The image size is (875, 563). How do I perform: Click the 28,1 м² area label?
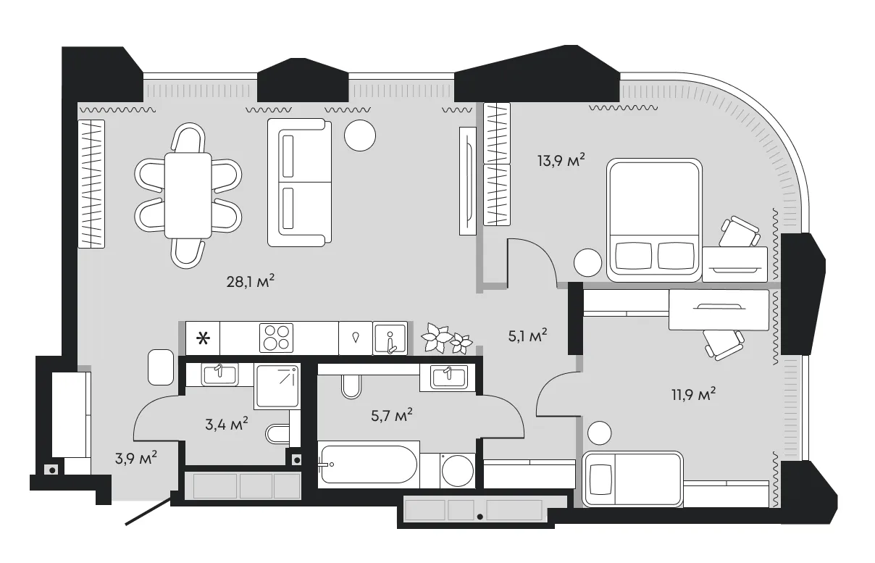[x=251, y=281]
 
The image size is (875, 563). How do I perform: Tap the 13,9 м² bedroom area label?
[x=561, y=160]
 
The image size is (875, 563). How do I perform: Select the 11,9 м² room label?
[x=693, y=394]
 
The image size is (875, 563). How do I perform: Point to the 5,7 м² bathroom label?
[x=391, y=415]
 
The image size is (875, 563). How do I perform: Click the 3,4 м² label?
[x=227, y=424]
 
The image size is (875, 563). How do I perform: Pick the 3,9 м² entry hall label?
[x=136, y=457]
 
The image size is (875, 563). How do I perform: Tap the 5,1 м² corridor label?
[x=527, y=335]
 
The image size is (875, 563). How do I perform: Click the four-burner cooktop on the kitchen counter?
[x=276, y=338]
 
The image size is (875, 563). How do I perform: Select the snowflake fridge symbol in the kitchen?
[x=203, y=338]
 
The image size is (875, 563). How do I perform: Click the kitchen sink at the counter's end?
[x=390, y=338]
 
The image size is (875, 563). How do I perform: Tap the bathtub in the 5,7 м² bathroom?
[x=369, y=464]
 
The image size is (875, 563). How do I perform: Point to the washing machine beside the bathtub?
[x=458, y=470]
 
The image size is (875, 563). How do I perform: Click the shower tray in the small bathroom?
[x=277, y=386]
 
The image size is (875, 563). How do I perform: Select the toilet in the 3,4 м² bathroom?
[x=277, y=434]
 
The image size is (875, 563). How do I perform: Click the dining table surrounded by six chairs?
[x=188, y=196]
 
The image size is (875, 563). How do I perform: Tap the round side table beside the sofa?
[x=360, y=135]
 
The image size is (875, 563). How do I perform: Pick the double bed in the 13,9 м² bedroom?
[x=654, y=220]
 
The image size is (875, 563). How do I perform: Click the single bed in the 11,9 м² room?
[x=633, y=479]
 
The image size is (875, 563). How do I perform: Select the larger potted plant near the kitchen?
[x=436, y=337]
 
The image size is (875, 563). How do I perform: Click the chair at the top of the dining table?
[x=188, y=138]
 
